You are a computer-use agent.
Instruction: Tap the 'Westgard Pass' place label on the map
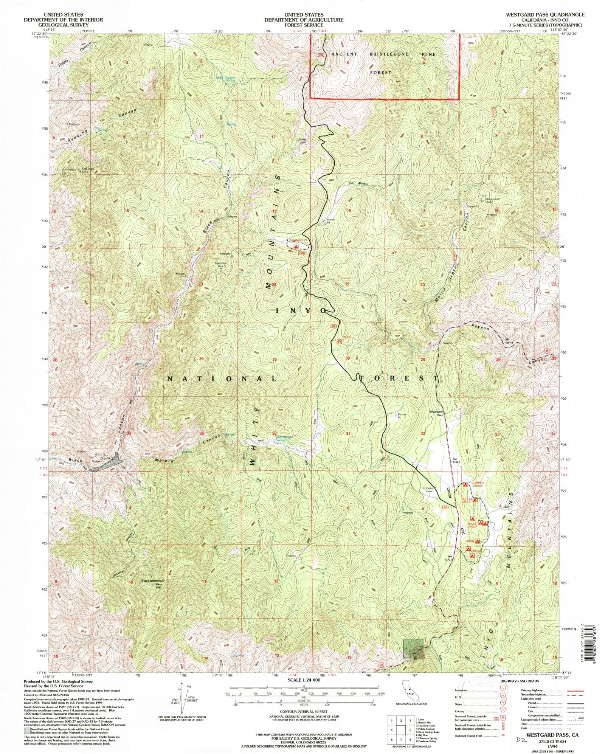pyautogui.click(x=436, y=413)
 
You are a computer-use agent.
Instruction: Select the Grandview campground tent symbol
pyautogui.click(x=296, y=246)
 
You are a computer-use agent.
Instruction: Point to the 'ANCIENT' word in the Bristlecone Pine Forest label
pyautogui.click(x=344, y=54)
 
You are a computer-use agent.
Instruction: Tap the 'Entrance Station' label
pyautogui.click(x=428, y=489)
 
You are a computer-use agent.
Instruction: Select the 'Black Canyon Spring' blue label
pyautogui.click(x=225, y=79)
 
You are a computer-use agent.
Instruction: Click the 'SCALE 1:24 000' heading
pyautogui.click(x=302, y=680)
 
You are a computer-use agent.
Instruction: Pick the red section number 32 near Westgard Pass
pyautogui.click(x=423, y=433)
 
